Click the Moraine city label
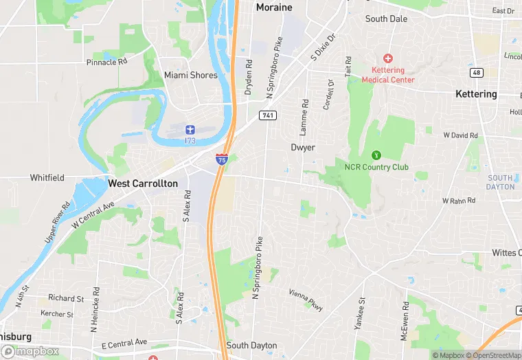(273, 8)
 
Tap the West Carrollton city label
(143, 184)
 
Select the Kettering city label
(476, 94)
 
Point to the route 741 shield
(267, 115)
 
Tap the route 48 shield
(476, 73)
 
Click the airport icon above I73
(190, 130)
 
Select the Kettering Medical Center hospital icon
(388, 59)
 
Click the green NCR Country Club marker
(376, 155)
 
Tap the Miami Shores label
(190, 75)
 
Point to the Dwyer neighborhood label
(302, 147)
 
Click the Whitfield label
(47, 178)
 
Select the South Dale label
(386, 19)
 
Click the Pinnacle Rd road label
(107, 62)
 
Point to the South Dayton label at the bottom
(251, 346)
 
